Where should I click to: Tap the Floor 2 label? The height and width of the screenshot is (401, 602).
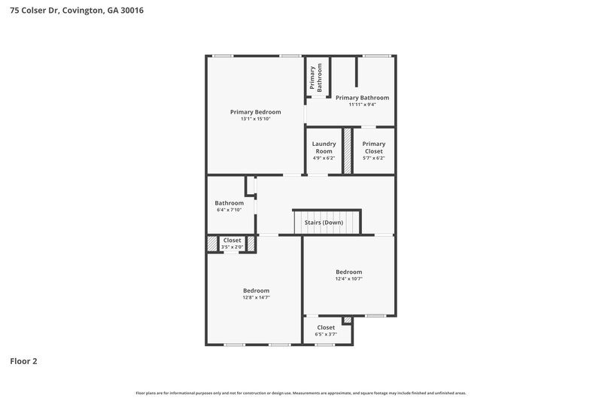pos(23,361)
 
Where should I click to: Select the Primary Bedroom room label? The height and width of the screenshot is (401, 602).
pos(255,111)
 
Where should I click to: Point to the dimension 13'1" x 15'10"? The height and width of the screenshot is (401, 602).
pos(255,119)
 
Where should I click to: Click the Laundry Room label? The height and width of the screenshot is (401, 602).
pos(324,147)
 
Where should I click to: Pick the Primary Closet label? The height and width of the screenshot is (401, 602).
pos(373,147)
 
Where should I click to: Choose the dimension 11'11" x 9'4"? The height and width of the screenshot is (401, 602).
pos(362,105)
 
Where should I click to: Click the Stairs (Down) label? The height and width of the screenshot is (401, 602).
pos(324,223)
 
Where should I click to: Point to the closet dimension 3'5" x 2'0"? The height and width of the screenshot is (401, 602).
pos(232,247)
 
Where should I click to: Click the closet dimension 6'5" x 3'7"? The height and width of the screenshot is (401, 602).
pos(326,334)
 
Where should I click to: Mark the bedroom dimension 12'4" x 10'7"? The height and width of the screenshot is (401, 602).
pos(348,279)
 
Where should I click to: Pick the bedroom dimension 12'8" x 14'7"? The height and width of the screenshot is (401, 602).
pos(256,298)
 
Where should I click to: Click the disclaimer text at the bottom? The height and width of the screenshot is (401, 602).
pos(301,393)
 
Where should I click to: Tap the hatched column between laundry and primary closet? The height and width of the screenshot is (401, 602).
pos(348,151)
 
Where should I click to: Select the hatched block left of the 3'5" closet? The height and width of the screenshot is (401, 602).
pos(211,244)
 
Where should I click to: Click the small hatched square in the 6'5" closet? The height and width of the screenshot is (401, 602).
pos(346,320)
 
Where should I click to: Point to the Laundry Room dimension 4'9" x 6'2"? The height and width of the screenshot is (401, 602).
pos(324,158)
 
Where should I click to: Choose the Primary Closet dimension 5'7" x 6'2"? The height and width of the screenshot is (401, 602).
pos(373,158)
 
